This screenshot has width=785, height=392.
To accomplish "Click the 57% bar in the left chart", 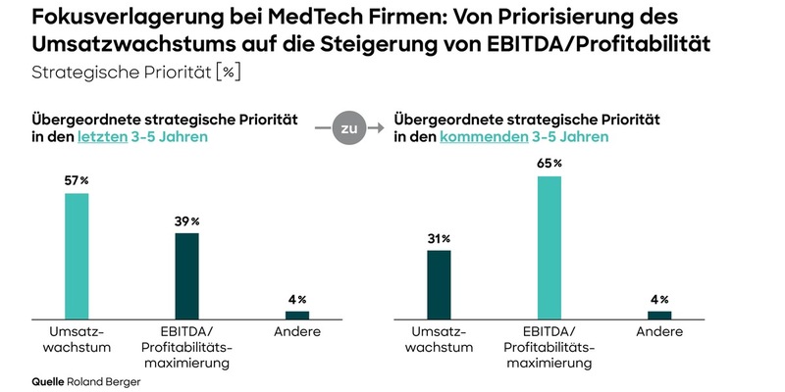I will click(x=77, y=255).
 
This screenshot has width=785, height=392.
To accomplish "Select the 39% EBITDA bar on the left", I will click(x=186, y=274).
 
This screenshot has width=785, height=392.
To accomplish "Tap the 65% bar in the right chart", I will click(x=549, y=247).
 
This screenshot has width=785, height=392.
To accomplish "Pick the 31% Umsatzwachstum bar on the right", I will click(x=439, y=283).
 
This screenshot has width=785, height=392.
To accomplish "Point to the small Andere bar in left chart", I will click(x=296, y=315).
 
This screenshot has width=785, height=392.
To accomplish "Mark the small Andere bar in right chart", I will click(x=659, y=315).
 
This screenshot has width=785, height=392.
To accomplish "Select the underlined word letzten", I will click(x=102, y=137).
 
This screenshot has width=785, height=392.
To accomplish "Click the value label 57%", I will click(x=77, y=180).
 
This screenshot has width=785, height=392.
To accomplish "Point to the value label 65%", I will click(x=549, y=163).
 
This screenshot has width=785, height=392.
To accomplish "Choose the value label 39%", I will click(x=186, y=221).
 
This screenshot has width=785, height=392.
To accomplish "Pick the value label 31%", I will click(x=439, y=238).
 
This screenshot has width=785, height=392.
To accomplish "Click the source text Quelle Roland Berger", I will click(x=86, y=380).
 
